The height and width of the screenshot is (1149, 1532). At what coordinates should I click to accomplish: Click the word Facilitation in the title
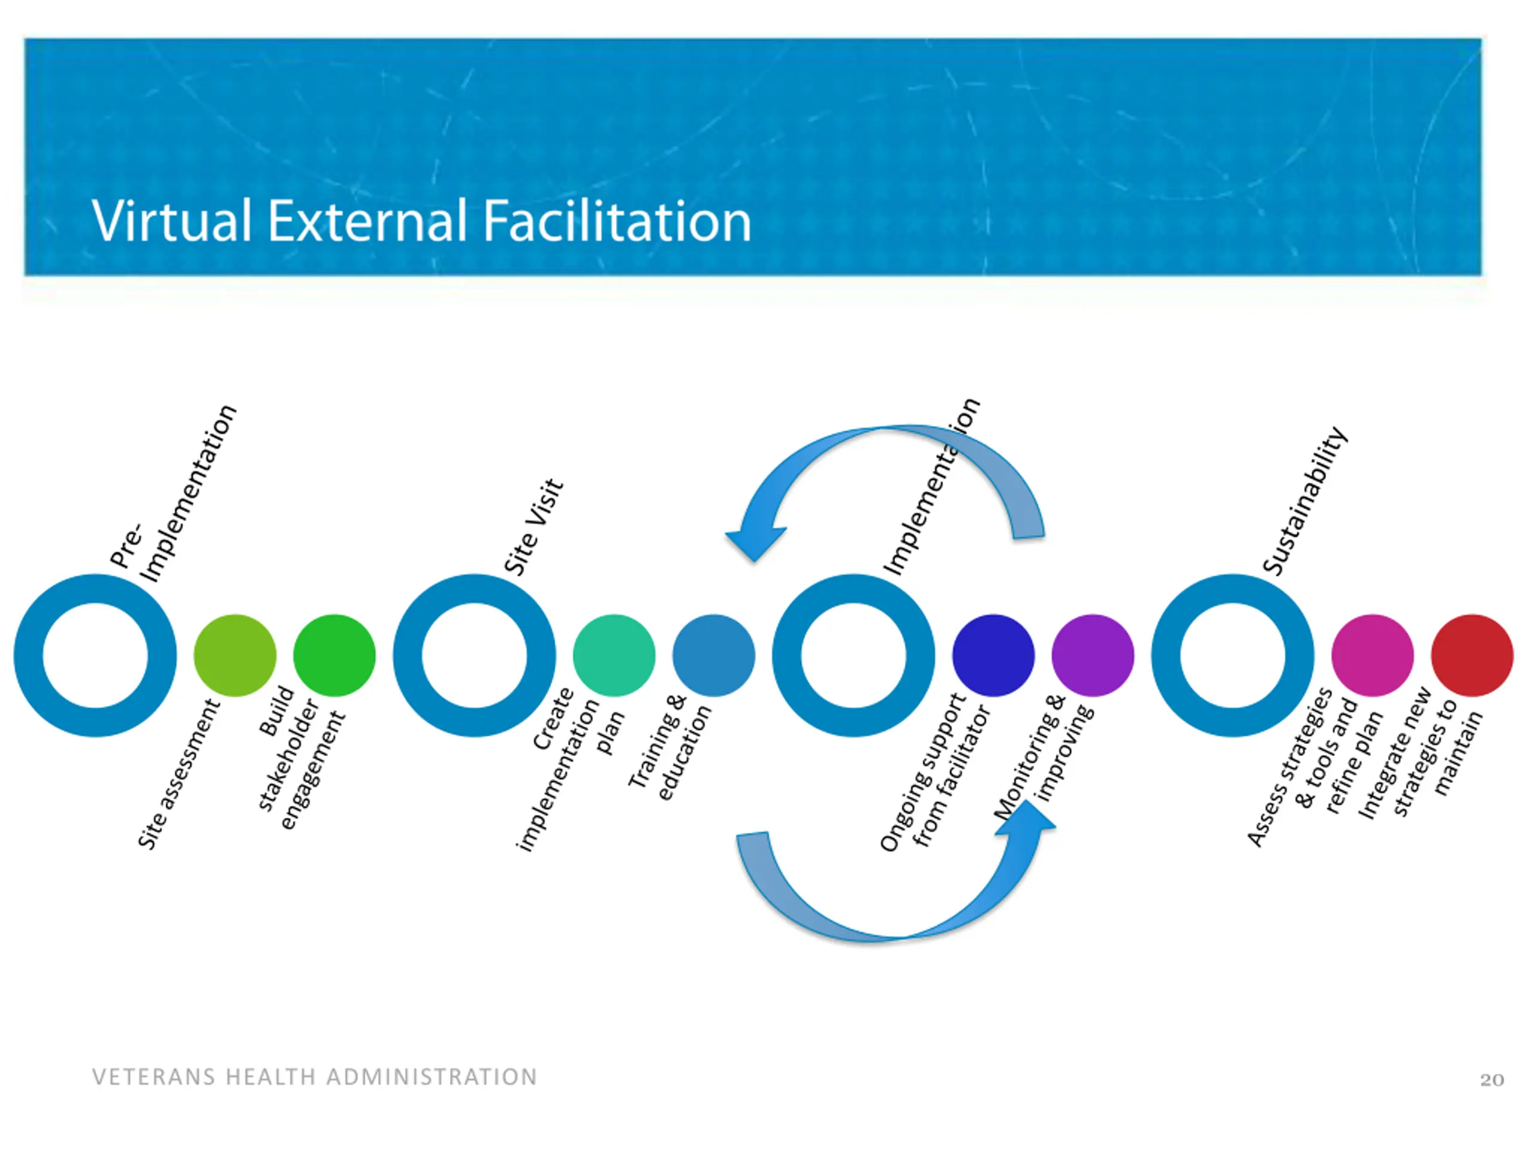point(616,221)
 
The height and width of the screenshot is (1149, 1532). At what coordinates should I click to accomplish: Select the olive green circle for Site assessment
point(235,655)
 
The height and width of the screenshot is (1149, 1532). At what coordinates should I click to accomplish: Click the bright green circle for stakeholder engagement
point(334,655)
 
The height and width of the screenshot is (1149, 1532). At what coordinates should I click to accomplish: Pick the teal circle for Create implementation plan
point(613,655)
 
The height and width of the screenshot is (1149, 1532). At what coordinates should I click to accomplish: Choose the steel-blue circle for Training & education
point(713,655)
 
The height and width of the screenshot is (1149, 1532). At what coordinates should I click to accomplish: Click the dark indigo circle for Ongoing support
point(993,655)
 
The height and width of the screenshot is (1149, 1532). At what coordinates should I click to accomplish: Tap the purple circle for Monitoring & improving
point(1092,655)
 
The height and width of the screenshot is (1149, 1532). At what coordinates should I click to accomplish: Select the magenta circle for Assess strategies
point(1372,655)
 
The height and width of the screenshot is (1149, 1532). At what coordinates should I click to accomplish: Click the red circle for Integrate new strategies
point(1472,655)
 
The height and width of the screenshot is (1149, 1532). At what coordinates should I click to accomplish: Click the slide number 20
point(1492,1080)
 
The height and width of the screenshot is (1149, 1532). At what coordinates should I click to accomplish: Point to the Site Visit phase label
point(534,527)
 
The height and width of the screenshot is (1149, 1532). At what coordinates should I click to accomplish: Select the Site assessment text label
point(179,774)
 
